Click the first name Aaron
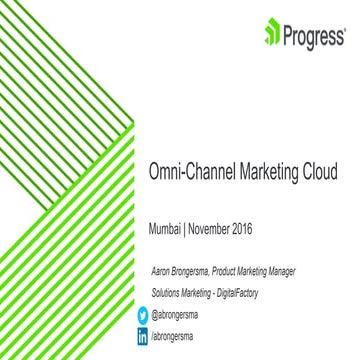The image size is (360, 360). [161, 271]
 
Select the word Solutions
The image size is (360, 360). [170, 291]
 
